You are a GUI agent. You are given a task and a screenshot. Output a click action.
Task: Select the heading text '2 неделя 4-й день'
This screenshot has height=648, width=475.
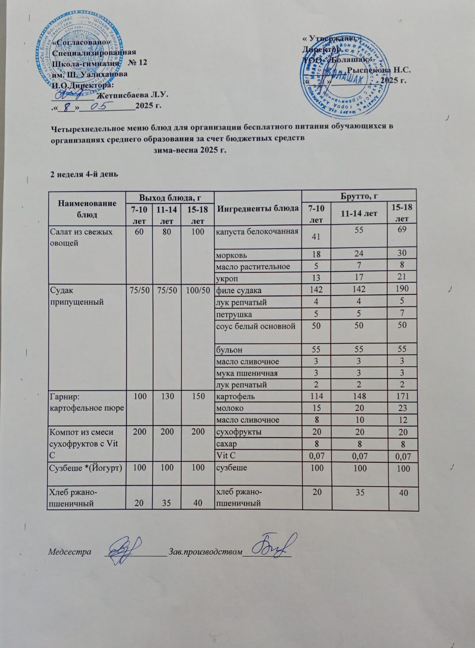point(84,174)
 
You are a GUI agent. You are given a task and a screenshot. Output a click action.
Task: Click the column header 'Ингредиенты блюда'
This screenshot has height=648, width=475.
point(259,208)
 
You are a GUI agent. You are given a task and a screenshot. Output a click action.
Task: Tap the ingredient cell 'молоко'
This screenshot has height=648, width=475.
point(230,408)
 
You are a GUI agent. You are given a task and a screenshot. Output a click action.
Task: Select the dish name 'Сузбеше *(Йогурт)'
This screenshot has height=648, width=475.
point(85,468)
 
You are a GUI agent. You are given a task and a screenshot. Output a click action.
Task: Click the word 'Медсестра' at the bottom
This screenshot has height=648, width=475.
point(70,552)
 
